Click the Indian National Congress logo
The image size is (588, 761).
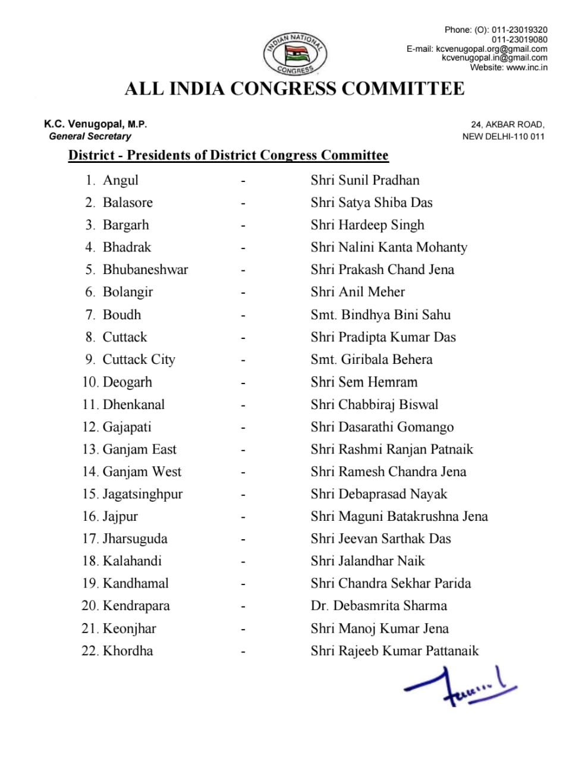295,54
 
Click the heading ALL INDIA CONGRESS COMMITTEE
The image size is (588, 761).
294,89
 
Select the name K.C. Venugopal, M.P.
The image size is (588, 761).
95,124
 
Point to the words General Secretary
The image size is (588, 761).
90,136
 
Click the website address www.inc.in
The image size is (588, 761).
526,67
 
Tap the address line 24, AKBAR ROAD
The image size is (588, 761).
507,124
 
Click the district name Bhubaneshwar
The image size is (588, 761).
145,269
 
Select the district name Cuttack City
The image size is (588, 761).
139,359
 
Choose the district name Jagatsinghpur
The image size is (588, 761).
143,494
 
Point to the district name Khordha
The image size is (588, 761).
128,650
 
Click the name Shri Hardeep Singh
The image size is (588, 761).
367,225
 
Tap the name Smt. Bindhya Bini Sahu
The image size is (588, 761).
380,315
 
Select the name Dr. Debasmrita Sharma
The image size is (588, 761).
378,606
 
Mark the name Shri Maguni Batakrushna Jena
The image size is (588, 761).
398,516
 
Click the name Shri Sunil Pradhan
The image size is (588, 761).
364,180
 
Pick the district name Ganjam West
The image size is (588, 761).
142,471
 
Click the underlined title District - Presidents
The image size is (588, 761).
228,155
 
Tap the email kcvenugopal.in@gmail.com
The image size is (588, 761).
494,58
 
